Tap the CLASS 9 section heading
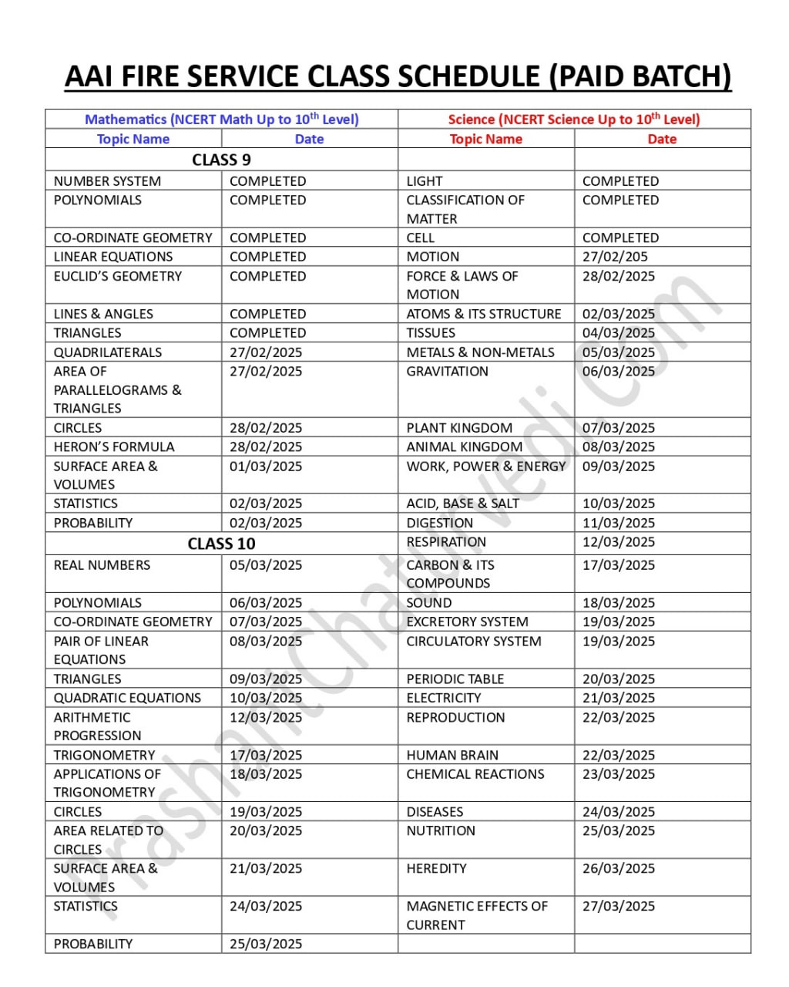(221, 160)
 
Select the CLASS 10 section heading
(221, 544)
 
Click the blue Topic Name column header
(133, 139)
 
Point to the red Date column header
(662, 139)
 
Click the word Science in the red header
(472, 120)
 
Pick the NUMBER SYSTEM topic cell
(107, 181)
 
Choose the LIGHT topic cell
(425, 181)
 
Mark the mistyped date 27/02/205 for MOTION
(615, 257)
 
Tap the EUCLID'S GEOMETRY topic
(117, 276)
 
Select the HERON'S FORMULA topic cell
(114, 446)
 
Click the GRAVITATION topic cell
(447, 371)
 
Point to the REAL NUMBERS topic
(102, 565)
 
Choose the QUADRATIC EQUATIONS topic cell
(127, 698)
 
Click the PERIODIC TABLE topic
(455, 679)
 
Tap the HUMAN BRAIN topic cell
(452, 755)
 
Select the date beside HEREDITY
(619, 868)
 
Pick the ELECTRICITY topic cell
(444, 698)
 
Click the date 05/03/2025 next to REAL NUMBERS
(266, 565)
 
